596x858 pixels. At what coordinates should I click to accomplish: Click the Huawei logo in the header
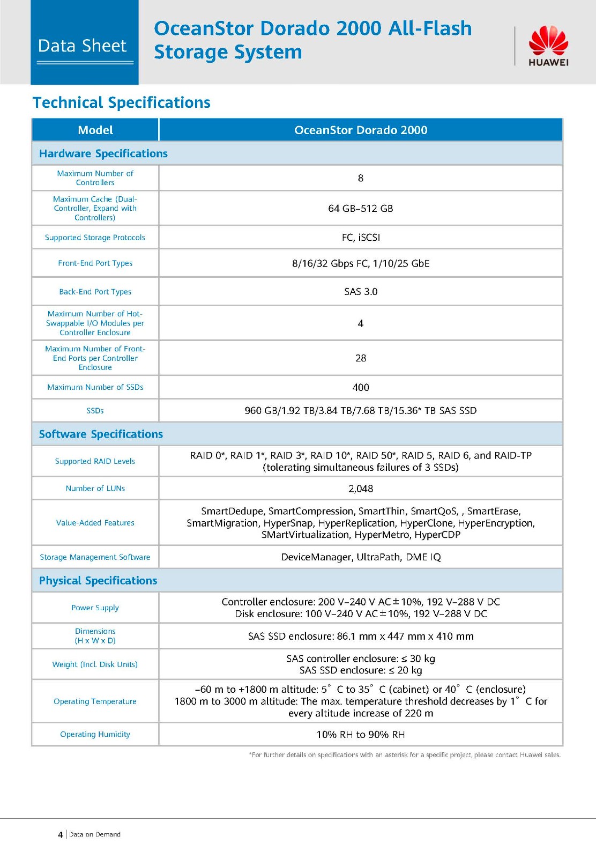click(548, 46)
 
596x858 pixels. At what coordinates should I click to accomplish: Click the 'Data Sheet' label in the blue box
click(83, 46)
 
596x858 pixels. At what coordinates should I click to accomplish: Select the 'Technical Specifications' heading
click(122, 102)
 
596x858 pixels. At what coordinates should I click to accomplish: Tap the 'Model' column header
click(95, 130)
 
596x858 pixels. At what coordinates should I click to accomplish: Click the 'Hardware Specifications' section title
click(103, 153)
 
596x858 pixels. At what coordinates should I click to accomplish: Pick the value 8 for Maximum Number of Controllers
click(361, 178)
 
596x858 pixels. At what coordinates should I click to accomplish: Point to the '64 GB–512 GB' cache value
click(361, 208)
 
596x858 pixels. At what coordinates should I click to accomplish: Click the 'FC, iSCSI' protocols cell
click(361, 237)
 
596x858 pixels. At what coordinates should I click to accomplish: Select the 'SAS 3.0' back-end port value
click(361, 292)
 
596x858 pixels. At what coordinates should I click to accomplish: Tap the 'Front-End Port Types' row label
click(95, 263)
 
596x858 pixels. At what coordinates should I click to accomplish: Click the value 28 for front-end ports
click(361, 358)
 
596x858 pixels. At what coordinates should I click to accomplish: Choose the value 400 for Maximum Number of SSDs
click(361, 387)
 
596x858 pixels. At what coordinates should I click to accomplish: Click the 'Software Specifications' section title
click(101, 434)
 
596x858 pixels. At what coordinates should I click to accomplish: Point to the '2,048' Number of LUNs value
click(361, 489)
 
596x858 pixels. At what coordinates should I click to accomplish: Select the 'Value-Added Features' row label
click(95, 523)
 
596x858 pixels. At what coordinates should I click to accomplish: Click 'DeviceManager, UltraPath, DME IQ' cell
click(361, 557)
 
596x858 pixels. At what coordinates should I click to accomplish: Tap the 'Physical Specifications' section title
click(98, 580)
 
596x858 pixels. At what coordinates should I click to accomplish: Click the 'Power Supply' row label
click(95, 608)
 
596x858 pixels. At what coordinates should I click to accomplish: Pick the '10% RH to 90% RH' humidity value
click(361, 734)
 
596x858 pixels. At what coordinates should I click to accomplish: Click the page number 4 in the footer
click(61, 834)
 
